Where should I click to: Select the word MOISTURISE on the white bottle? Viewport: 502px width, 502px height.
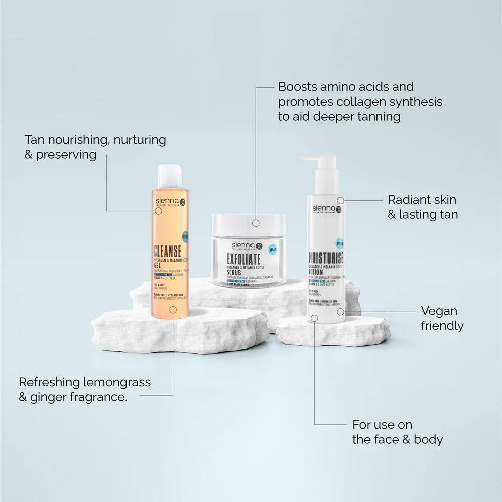(325, 258)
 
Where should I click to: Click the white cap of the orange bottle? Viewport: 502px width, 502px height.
(170, 176)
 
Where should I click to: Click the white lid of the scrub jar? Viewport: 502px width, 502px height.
(248, 223)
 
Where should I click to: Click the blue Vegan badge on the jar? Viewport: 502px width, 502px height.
(273, 248)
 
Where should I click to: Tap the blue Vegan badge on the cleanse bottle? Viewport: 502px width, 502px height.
(185, 236)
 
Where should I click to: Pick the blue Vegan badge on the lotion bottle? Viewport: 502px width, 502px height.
(340, 244)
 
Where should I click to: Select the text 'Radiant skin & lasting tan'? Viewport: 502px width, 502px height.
(422, 207)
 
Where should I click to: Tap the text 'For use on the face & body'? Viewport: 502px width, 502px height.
(397, 432)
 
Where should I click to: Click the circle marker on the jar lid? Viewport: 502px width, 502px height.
(256, 222)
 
